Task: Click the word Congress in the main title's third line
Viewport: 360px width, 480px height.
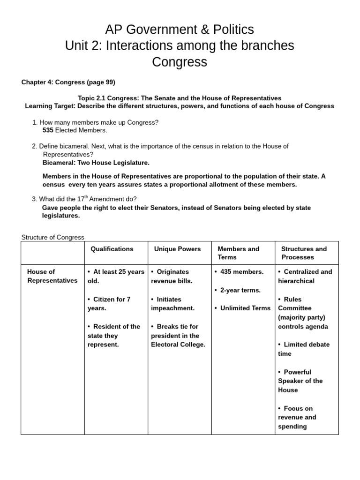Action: click(x=180, y=62)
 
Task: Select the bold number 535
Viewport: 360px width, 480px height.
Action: click(x=48, y=130)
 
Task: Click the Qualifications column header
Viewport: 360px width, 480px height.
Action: click(x=112, y=249)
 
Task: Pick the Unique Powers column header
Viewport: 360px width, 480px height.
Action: click(x=177, y=249)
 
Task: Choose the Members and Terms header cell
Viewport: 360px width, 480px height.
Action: click(x=238, y=253)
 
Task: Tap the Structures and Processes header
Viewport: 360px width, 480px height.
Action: click(x=304, y=253)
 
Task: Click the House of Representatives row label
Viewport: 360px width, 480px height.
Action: click(x=52, y=276)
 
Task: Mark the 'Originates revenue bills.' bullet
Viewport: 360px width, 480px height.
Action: click(x=172, y=276)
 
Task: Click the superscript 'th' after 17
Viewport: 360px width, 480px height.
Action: click(x=86, y=197)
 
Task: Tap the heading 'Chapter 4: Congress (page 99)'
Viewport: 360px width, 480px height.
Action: click(x=68, y=82)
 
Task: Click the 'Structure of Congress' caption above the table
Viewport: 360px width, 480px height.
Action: click(x=53, y=237)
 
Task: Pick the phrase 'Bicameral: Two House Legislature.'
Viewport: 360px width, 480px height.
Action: click(x=96, y=163)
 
